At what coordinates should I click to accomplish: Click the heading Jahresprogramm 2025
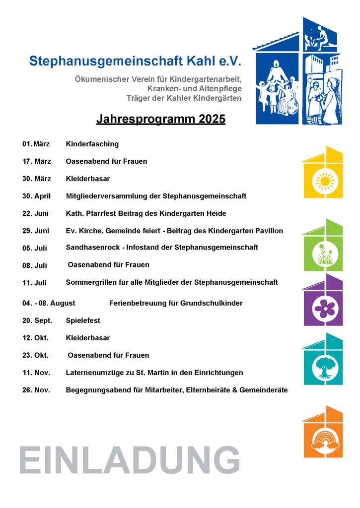[160, 120]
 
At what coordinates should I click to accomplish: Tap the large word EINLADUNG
[130, 460]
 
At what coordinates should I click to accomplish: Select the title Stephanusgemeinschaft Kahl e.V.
[135, 61]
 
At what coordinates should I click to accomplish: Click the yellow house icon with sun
[323, 172]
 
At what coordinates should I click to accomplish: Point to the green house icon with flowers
[323, 246]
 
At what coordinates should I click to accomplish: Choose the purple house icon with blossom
[323, 300]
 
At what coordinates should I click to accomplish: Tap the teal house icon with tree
[323, 359]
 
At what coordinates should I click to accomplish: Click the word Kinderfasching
[92, 144]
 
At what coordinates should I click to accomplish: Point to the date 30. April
[36, 196]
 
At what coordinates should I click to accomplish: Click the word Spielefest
[82, 320]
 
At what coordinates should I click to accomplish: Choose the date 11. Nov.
[36, 373]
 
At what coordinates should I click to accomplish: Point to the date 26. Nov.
[36, 390]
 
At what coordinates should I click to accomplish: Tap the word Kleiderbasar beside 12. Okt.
[87, 338]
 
